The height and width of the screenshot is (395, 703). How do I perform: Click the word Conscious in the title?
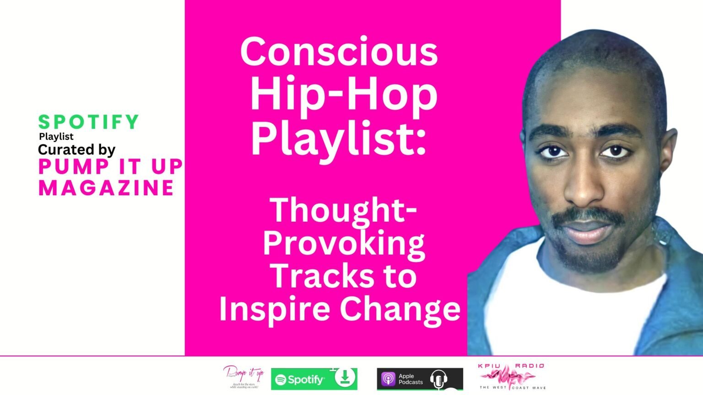pyautogui.click(x=339, y=52)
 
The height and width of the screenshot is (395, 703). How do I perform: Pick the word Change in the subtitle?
pyautogui.click(x=400, y=310)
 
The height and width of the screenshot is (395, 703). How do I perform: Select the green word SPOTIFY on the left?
pyautogui.click(x=88, y=122)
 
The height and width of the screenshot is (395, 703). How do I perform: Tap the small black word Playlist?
pyautogui.click(x=56, y=136)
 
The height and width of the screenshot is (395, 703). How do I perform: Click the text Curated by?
pyautogui.click(x=76, y=149)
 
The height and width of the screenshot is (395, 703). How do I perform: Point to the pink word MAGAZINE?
pyautogui.click(x=106, y=188)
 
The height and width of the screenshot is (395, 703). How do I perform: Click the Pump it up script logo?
pyautogui.click(x=244, y=376)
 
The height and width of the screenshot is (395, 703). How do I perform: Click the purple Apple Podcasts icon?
pyautogui.click(x=388, y=379)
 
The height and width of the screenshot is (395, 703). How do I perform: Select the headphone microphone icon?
pyautogui.click(x=438, y=379)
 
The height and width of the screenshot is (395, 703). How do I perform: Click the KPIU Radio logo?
pyautogui.click(x=511, y=377)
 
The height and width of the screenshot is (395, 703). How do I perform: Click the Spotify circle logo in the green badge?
pyautogui.click(x=281, y=379)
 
